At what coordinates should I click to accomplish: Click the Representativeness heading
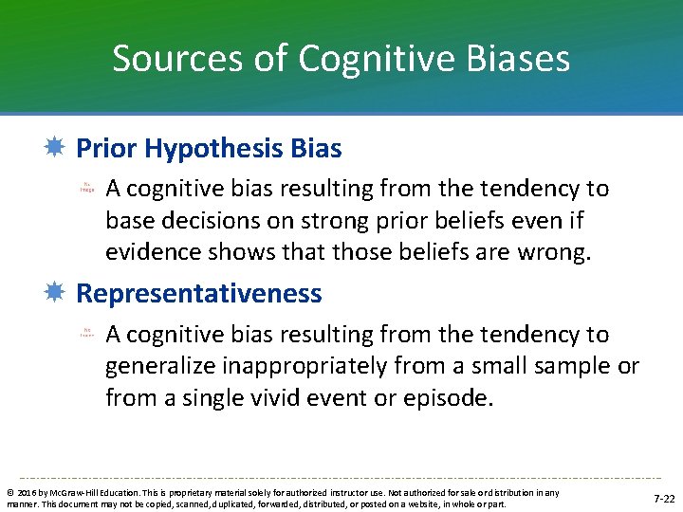[198, 294]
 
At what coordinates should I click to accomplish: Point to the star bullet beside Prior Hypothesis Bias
[56, 149]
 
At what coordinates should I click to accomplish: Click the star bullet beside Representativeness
[56, 294]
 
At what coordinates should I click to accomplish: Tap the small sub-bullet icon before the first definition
[86, 189]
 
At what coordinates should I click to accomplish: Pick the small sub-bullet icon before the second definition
[86, 334]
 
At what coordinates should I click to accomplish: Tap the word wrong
[557, 251]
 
